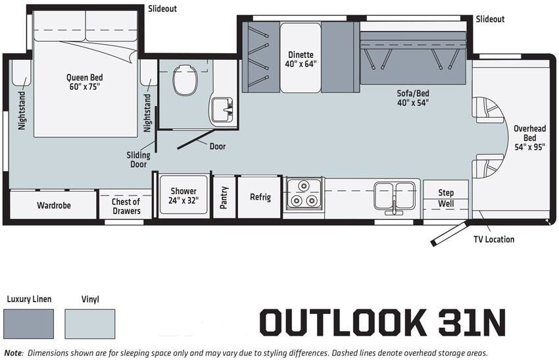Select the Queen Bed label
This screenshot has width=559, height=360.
(85, 82)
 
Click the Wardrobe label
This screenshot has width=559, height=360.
(54, 205)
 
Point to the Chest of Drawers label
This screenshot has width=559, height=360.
(126, 206)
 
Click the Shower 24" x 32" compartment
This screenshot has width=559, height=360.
(184, 195)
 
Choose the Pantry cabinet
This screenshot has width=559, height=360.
(224, 197)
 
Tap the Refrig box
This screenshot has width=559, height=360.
(260, 197)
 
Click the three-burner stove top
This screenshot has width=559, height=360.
(304, 193)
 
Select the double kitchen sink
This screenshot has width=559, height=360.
(395, 195)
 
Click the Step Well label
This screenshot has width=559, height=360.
(446, 198)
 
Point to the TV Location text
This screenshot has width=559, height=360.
(494, 240)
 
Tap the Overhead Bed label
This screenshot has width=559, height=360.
(530, 138)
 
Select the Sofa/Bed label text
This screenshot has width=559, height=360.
(413, 98)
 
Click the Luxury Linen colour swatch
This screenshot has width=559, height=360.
(28, 324)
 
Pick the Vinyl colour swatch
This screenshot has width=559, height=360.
(89, 324)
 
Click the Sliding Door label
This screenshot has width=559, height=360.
(138, 160)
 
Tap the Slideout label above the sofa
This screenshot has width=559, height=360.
(490, 19)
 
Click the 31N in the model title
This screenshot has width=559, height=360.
(468, 322)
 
